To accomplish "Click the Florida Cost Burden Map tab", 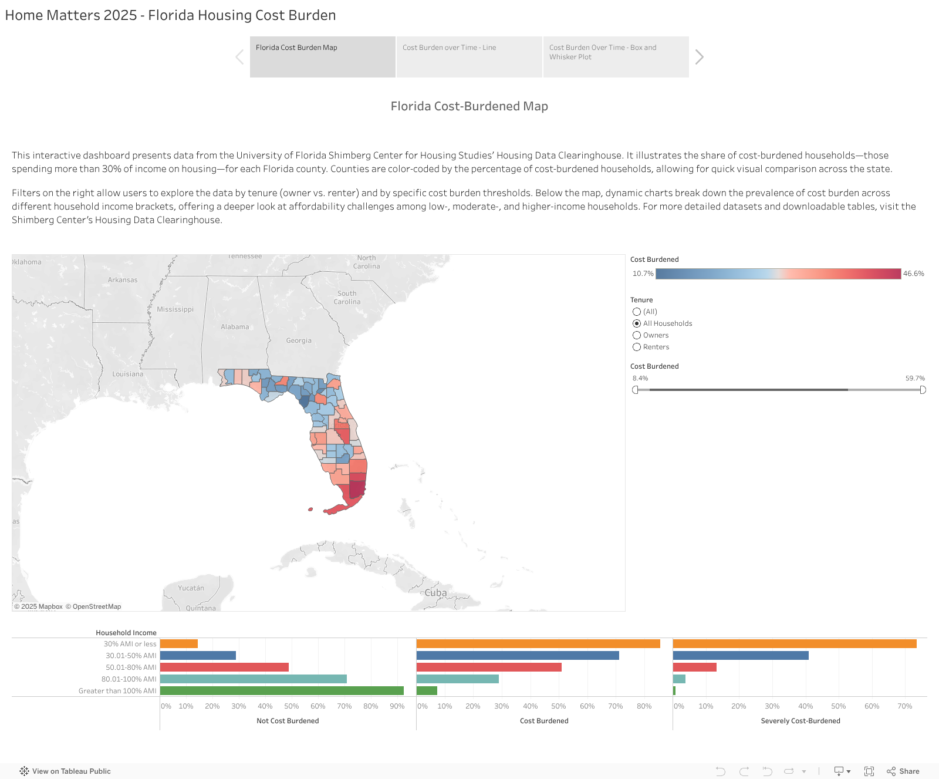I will pyautogui.click(x=322, y=56).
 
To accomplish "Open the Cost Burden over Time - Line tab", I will pyautogui.click(x=469, y=56).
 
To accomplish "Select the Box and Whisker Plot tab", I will pyautogui.click(x=616, y=56).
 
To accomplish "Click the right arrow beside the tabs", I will pyautogui.click(x=699, y=57).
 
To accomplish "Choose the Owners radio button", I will pyautogui.click(x=637, y=335).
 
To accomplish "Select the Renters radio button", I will pyautogui.click(x=637, y=347).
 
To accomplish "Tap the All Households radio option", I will pyautogui.click(x=637, y=323).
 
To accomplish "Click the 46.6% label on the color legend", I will pyautogui.click(x=913, y=274).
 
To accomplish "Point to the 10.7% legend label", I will pyautogui.click(x=643, y=274).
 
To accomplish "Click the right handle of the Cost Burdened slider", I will pyautogui.click(x=923, y=390).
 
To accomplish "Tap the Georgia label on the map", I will pyautogui.click(x=299, y=340).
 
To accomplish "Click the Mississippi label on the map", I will pyautogui.click(x=175, y=309).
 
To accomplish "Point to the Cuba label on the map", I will pyautogui.click(x=435, y=593).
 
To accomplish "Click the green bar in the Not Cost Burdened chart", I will pyautogui.click(x=282, y=691).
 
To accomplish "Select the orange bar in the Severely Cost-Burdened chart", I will pyautogui.click(x=794, y=644).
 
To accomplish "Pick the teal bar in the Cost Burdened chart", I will pyautogui.click(x=457, y=679).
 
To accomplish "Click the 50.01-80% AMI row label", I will pyautogui.click(x=131, y=667).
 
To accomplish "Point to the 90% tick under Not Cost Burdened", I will pyautogui.click(x=397, y=706).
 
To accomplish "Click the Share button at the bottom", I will pyautogui.click(x=903, y=771).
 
